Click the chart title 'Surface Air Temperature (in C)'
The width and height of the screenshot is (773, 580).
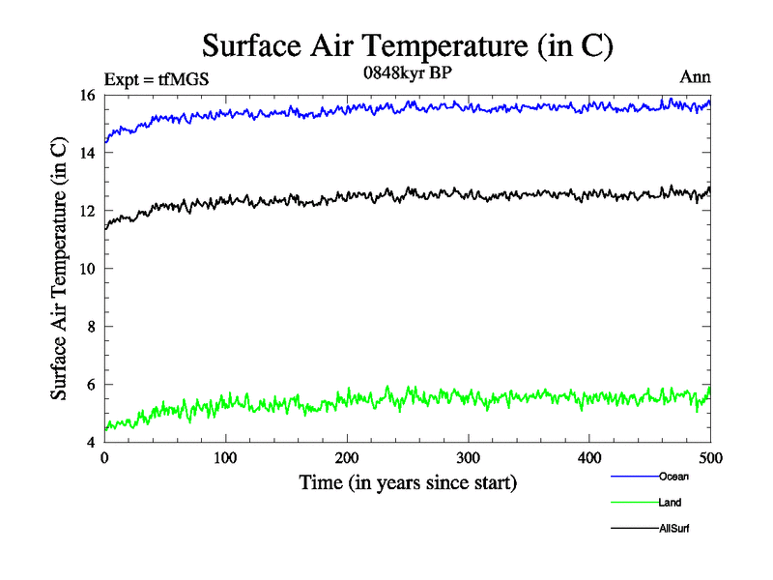407,45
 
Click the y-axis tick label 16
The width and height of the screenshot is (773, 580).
86,95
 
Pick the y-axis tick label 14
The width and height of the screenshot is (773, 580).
86,153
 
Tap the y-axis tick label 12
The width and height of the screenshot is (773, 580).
86,211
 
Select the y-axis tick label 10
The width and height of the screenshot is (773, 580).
86,269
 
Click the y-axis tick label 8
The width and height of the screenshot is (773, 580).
90,327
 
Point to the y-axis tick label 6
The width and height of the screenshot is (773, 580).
90,385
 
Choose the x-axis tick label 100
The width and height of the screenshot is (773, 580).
225,458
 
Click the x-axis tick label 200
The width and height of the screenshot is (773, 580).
347,458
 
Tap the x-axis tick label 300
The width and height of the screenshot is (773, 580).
468,458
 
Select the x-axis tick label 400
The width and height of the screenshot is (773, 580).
589,458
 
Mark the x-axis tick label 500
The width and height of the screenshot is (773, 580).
710,458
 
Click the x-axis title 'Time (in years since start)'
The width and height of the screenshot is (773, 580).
407,482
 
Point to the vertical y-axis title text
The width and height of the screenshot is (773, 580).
59,269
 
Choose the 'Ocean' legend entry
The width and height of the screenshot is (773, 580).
673,476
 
